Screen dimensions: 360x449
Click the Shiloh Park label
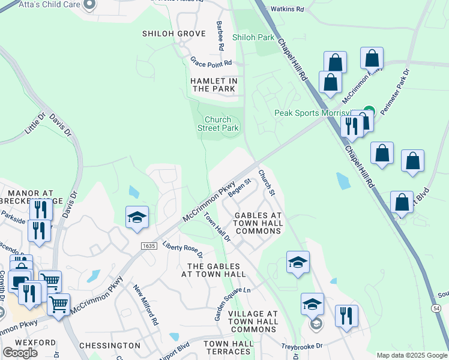coord(253,37)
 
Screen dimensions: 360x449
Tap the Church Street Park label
coord(218,124)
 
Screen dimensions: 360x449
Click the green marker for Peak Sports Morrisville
coord(369,111)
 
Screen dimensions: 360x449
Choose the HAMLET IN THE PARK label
coord(214,85)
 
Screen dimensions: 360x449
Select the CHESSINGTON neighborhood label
coord(109,346)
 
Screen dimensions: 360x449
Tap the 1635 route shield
coord(149,246)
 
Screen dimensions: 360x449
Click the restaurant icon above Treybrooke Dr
coord(346,316)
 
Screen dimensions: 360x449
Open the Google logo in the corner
coord(20,353)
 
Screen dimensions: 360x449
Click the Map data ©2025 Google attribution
coord(412,355)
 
